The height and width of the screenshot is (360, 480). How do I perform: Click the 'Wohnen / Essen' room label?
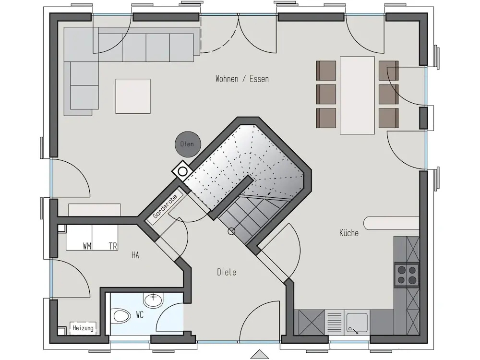[242, 79]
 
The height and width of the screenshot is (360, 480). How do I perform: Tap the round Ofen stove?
[187, 144]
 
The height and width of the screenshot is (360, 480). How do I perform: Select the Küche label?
[349, 233]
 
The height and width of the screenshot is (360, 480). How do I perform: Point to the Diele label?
[227, 272]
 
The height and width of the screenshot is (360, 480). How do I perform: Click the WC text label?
[140, 314]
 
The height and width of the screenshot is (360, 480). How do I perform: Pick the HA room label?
[135, 255]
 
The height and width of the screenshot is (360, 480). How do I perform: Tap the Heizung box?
[83, 328]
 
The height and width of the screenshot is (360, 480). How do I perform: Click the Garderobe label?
[165, 206]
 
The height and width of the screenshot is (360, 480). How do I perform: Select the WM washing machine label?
[86, 246]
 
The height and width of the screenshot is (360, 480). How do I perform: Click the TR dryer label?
[113, 246]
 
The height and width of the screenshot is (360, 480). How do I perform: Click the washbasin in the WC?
[154, 300]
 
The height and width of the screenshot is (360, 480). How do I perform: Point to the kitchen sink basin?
[357, 323]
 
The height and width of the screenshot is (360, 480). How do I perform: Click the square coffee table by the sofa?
[133, 96]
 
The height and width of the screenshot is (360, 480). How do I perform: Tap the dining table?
[357, 95]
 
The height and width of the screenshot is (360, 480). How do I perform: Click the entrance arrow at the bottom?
[259, 354]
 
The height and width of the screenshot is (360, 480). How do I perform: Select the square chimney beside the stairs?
[182, 172]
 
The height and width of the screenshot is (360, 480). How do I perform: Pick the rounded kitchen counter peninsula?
[391, 223]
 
